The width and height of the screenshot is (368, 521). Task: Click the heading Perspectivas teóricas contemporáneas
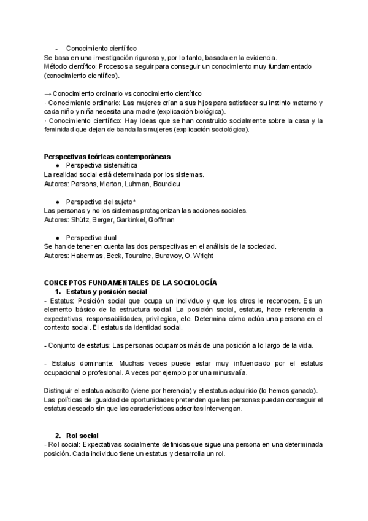107,157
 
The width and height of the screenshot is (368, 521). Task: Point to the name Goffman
161,219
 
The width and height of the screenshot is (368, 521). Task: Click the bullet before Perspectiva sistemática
57,166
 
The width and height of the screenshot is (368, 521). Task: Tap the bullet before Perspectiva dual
57,237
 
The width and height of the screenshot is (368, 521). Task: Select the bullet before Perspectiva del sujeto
57,202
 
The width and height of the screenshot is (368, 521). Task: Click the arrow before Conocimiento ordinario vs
48,94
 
